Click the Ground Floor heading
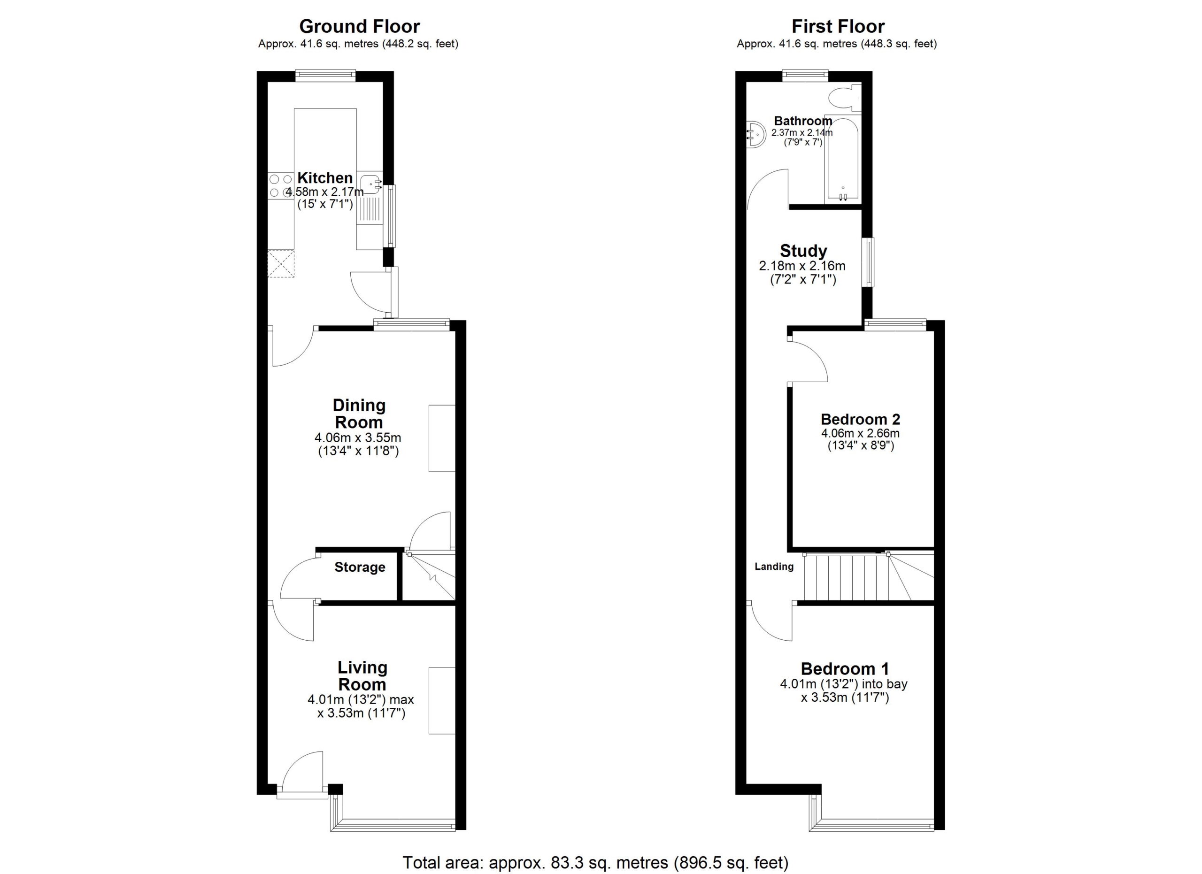click(359, 26)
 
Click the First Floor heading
click(838, 26)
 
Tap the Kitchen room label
click(325, 178)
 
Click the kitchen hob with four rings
click(281, 186)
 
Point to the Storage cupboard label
click(359, 567)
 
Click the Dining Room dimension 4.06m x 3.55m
click(358, 438)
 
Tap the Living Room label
click(362, 676)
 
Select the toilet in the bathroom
click(843, 98)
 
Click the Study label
click(803, 251)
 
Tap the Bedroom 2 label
click(860, 420)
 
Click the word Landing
click(774, 567)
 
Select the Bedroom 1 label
click(845, 669)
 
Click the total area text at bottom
click(596, 862)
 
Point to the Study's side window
click(869, 262)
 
